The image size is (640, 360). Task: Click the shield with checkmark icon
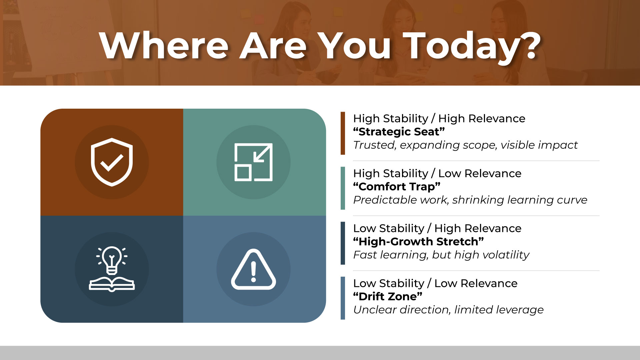point(112,162)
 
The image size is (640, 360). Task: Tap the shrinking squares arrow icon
point(253,162)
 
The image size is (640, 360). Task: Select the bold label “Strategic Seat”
point(399,132)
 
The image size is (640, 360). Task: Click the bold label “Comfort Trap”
point(397,187)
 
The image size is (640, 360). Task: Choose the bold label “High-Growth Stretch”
point(418,241)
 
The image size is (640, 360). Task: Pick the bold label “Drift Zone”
point(388,296)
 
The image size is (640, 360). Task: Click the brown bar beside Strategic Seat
point(343,133)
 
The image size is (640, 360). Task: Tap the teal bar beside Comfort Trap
point(343,188)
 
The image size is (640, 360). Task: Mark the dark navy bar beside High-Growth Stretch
point(343,243)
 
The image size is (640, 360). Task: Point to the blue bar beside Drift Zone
point(343,298)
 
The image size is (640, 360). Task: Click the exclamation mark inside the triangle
point(253,272)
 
